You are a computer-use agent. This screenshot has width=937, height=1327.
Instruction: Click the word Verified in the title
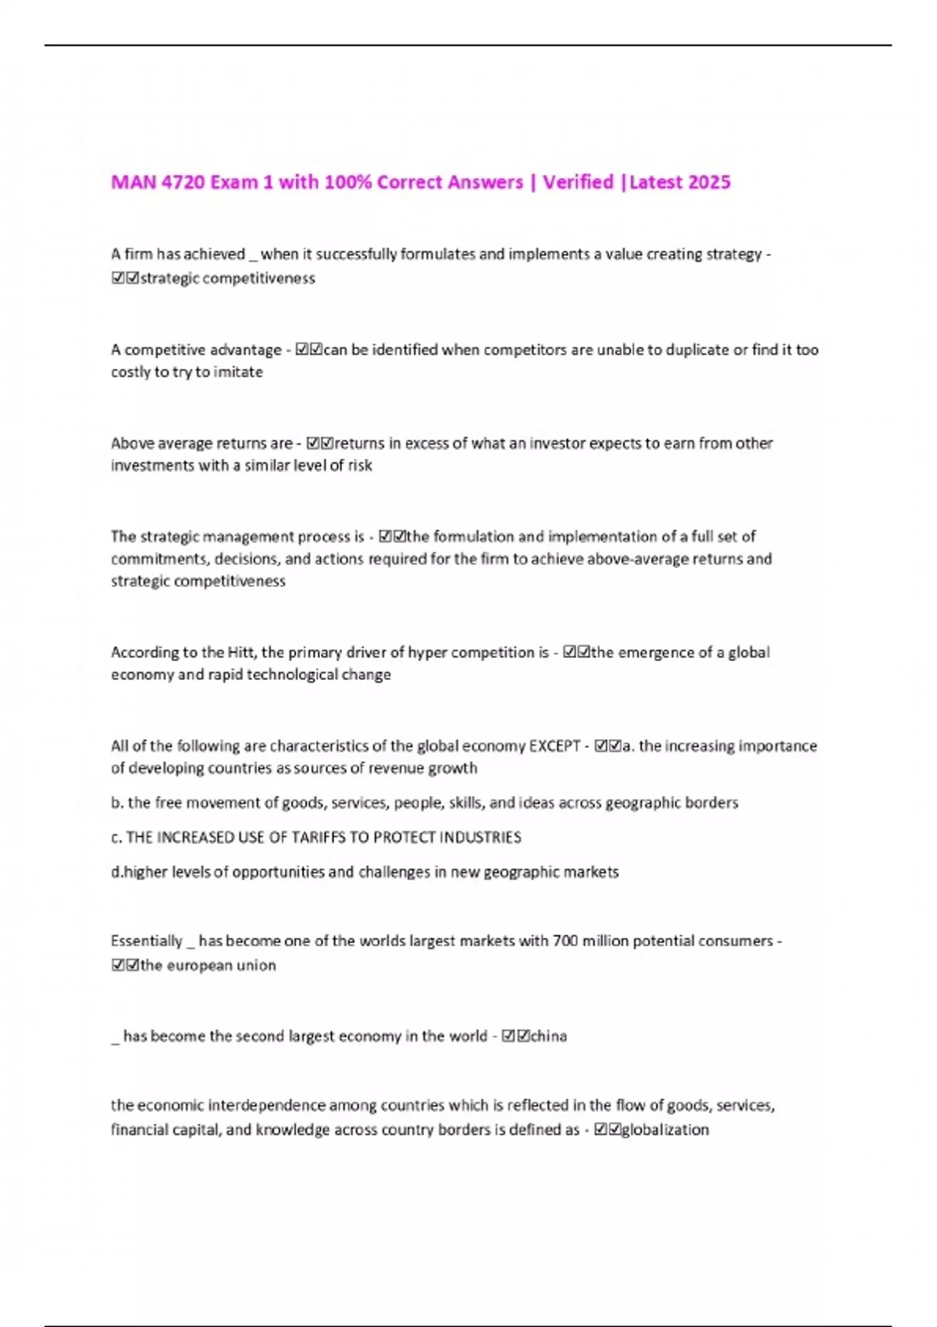click(x=578, y=183)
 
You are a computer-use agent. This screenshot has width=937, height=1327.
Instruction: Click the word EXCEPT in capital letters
click(x=554, y=746)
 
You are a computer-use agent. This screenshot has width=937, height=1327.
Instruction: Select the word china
click(x=549, y=1037)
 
